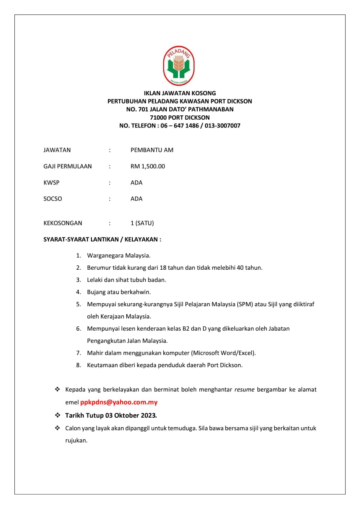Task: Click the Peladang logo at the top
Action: pyautogui.click(x=179, y=66)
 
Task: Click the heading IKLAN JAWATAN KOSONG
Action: pyautogui.click(x=180, y=93)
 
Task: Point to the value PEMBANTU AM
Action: pyautogui.click(x=152, y=150)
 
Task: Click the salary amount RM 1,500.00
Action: pyautogui.click(x=148, y=166)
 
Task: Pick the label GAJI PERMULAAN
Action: pyautogui.click(x=67, y=166)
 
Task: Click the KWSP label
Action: pyautogui.click(x=51, y=183)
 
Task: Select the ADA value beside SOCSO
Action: pyautogui.click(x=136, y=199)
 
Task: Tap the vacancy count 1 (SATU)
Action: pyautogui.click(x=142, y=223)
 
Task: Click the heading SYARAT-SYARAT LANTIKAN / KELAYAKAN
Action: pyautogui.click(x=102, y=239)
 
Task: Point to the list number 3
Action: pyautogui.click(x=78, y=280)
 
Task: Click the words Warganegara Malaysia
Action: pyautogui.click(x=118, y=255)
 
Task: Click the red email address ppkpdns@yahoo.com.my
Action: pyautogui.click(x=119, y=402)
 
